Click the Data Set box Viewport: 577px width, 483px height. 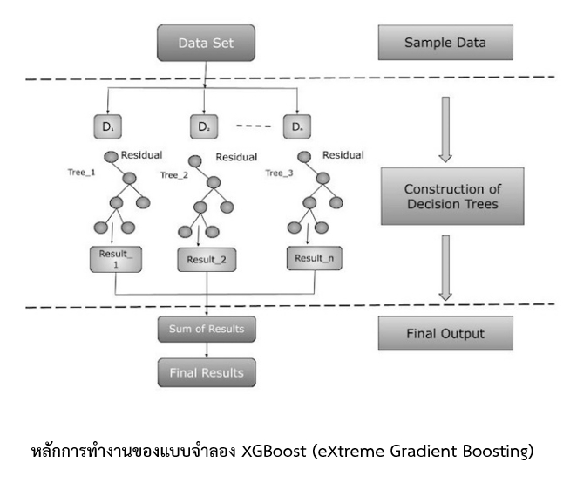coord(205,42)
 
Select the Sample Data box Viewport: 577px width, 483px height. coord(445,42)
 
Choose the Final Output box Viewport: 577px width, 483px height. coord(445,332)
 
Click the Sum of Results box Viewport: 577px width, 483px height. coord(207,330)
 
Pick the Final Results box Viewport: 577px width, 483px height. coord(207,372)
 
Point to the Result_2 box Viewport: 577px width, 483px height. coord(206,259)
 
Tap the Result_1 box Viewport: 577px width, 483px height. coord(116,261)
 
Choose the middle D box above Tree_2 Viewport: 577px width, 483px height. coord(203,127)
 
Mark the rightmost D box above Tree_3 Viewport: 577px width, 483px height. coord(297,127)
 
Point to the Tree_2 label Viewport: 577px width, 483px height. coord(174,175)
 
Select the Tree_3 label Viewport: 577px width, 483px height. coord(279,172)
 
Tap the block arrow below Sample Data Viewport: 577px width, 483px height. coord(445,128)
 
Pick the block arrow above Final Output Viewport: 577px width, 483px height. coord(445,266)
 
